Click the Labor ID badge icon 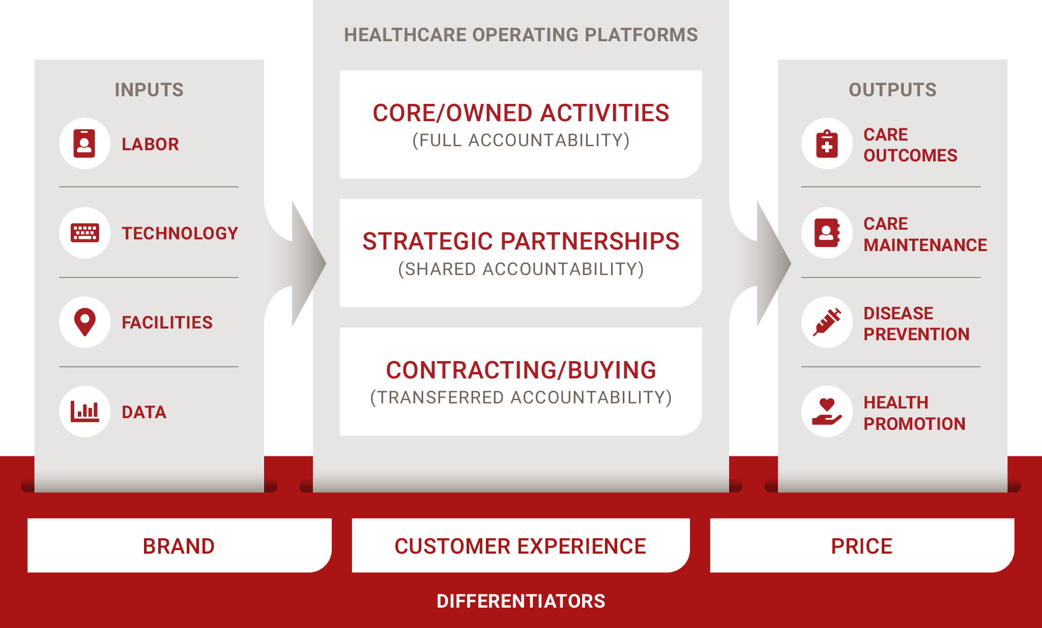[84, 144]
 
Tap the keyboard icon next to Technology [85, 233]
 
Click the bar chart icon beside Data [84, 412]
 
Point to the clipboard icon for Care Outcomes [827, 144]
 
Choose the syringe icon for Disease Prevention [827, 322]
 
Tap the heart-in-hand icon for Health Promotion [827, 412]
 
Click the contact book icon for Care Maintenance [827, 233]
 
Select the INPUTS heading [149, 90]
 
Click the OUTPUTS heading [892, 90]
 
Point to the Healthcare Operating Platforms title [521, 35]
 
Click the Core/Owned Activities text [521, 113]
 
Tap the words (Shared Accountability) [521, 269]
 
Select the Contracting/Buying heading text [521, 370]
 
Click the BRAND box [180, 545]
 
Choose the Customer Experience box [521, 545]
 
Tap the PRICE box [862, 545]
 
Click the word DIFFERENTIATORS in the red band [521, 601]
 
